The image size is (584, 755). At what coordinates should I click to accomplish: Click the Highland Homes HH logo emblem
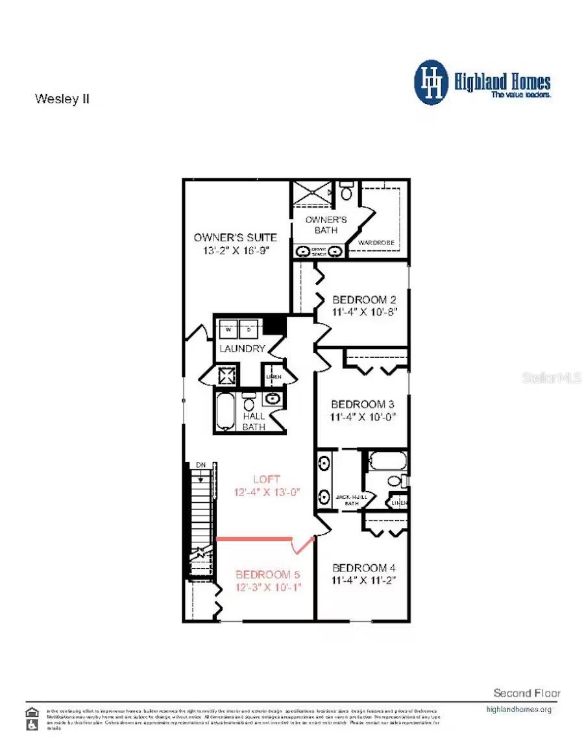point(431,82)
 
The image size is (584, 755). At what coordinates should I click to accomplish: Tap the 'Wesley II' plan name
point(62,99)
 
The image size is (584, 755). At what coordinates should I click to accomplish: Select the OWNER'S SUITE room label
point(235,237)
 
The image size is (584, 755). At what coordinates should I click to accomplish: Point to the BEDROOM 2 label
point(363,300)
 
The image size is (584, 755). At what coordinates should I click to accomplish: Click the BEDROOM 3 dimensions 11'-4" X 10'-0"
point(363,416)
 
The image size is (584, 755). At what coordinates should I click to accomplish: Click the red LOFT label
point(267,479)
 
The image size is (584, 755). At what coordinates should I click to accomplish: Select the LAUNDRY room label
point(242,349)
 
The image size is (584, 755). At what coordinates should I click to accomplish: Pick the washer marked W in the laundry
point(228,330)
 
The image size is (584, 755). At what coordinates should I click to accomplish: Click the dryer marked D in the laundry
point(249,330)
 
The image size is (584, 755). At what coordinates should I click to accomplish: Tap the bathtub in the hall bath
point(225,411)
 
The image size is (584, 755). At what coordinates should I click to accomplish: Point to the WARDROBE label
point(376,243)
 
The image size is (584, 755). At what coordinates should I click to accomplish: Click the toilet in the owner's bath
point(347,193)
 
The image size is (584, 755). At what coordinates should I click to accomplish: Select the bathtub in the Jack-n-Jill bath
point(387,461)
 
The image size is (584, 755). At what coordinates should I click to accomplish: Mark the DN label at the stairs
point(201,466)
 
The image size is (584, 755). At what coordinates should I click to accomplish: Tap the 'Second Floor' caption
point(526,693)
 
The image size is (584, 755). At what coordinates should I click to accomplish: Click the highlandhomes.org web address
point(518,709)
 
